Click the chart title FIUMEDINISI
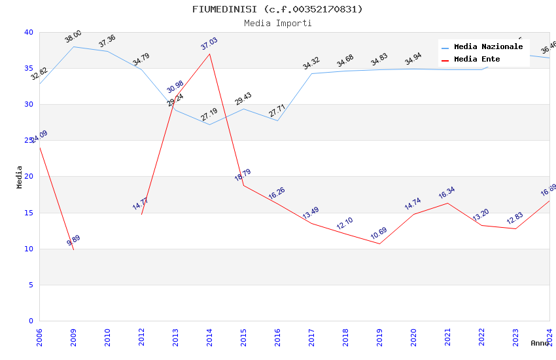click(277, 9)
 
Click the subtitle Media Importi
click(277, 23)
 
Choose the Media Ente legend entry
click(477, 59)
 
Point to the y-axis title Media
click(20, 177)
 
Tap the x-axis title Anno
click(540, 343)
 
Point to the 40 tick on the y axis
click(28, 32)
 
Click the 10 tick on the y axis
click(28, 249)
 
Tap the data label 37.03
click(209, 45)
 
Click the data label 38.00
click(73, 37)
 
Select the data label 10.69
click(379, 234)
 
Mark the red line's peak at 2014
click(209, 54)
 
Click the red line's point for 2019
click(379, 243)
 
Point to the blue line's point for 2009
click(73, 46)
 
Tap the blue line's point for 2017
click(311, 73)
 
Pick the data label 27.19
click(209, 115)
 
